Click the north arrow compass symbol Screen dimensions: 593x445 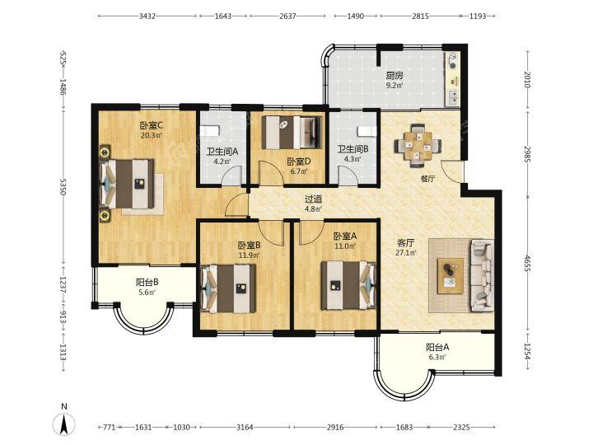pyautogui.click(x=64, y=424)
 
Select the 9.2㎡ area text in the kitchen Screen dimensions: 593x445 pyautogui.click(x=395, y=85)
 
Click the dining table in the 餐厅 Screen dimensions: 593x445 pyautogui.click(x=418, y=146)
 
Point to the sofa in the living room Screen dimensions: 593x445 pyautogui.click(x=482, y=275)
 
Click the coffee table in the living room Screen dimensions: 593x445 pyautogui.click(x=451, y=276)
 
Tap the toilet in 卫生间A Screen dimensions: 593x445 pyautogui.click(x=209, y=130)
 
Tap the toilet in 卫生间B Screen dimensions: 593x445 pyautogui.click(x=367, y=131)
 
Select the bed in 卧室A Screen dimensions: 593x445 pyautogui.click(x=348, y=285)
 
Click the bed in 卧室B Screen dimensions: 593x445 pyautogui.click(x=229, y=288)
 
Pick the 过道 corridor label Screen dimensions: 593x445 pyautogui.click(x=314, y=199)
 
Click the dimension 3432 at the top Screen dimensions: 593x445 pyautogui.click(x=147, y=16)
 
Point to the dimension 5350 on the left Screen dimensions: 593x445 pyautogui.click(x=63, y=186)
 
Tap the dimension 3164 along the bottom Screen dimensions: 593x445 pyautogui.click(x=245, y=427)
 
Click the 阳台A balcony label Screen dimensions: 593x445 pyautogui.click(x=437, y=347)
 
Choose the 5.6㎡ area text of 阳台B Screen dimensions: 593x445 pyautogui.click(x=147, y=292)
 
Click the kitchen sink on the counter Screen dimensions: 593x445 pyautogui.click(x=452, y=97)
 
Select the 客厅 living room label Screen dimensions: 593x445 pyautogui.click(x=405, y=242)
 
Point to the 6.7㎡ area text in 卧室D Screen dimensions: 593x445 pyautogui.click(x=299, y=171)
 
